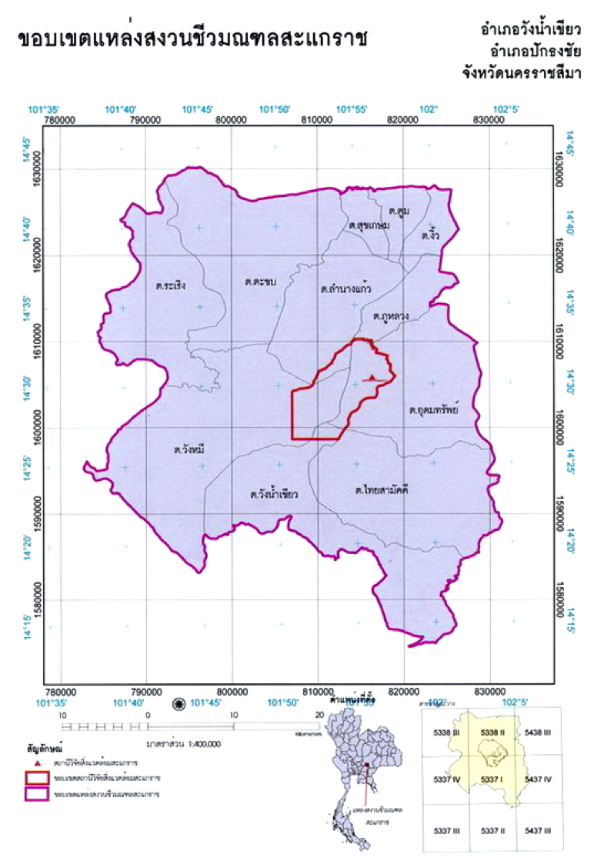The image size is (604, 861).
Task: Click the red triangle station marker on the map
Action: click(372, 378)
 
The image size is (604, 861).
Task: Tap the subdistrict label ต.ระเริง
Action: click(170, 285)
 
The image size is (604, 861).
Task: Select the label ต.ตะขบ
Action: click(260, 282)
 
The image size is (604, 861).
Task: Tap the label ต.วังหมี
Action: click(190, 449)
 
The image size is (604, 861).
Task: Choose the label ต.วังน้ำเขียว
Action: click(274, 494)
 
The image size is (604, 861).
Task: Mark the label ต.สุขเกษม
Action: click(365, 225)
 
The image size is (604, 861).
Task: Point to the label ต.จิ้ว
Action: click(429, 237)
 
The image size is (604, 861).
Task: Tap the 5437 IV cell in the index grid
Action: click(538, 779)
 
